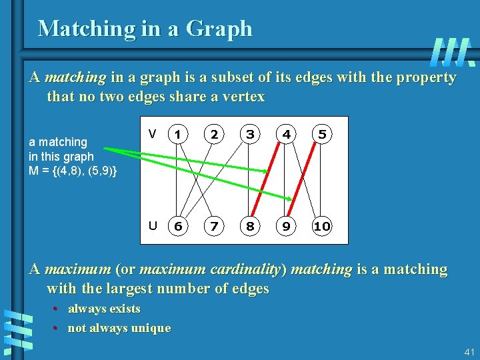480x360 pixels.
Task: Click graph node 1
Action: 177,134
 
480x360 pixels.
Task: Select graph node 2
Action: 213,134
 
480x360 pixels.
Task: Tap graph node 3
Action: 250,134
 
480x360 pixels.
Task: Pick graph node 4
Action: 286,134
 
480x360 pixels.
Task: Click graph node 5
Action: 322,134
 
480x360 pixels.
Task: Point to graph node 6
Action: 177,226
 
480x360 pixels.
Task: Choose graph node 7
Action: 213,226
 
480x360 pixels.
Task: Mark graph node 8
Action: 250,226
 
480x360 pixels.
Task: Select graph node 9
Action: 286,226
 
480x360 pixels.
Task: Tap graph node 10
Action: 322,226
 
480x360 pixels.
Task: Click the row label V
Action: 153,134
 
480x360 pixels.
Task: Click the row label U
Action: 153,225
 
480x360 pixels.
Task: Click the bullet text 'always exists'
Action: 104,309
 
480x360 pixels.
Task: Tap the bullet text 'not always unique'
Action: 119,328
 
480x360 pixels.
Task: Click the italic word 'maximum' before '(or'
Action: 79,270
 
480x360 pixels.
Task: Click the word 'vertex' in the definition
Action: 244,97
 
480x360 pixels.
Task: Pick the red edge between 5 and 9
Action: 304,180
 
